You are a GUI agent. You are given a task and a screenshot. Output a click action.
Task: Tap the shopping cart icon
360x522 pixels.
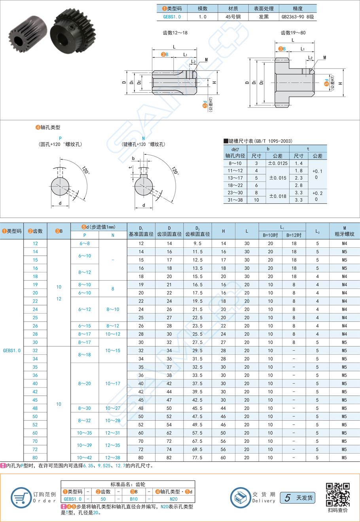point(21,497)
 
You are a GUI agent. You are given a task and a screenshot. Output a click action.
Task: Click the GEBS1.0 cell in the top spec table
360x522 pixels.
point(172,17)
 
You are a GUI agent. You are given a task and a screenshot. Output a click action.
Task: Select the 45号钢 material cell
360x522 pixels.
point(233,17)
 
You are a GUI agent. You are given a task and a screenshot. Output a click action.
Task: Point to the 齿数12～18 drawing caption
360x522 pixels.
point(175,33)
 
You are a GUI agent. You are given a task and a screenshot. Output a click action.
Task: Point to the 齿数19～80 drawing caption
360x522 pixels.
point(293,33)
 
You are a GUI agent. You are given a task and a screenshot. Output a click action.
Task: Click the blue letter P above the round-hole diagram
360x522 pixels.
point(60,138)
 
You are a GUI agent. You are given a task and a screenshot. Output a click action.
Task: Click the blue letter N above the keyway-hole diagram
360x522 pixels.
point(143,138)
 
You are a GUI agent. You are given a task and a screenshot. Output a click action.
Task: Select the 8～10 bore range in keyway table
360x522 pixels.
point(235,163)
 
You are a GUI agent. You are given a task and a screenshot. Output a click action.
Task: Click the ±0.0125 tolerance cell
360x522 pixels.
point(277,163)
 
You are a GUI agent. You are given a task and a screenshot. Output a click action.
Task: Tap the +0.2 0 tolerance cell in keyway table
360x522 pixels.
point(317,196)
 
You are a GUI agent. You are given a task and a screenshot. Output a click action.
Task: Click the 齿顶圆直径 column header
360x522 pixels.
point(169,234)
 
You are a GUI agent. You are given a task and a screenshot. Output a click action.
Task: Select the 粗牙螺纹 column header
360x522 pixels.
point(344,234)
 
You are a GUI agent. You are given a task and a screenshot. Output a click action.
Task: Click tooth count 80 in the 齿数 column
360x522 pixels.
point(35,457)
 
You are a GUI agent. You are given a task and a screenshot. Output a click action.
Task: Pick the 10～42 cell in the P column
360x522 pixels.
point(85,457)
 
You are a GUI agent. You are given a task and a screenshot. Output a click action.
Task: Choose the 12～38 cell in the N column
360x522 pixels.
point(113,457)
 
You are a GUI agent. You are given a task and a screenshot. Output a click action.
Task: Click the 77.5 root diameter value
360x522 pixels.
point(197,457)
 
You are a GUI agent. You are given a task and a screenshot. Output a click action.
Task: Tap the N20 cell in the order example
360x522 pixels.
point(173,499)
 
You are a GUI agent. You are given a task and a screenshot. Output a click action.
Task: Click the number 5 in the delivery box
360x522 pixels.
point(288,497)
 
